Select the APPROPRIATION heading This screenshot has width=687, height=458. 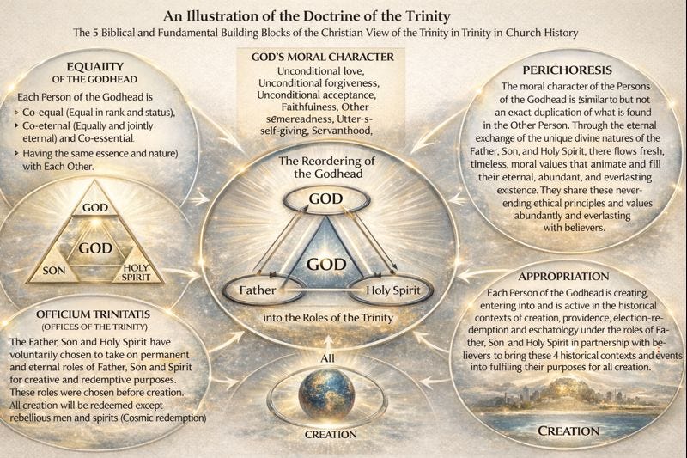pyautogui.click(x=565, y=278)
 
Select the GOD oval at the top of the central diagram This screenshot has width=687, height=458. pyautogui.click(x=326, y=198)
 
